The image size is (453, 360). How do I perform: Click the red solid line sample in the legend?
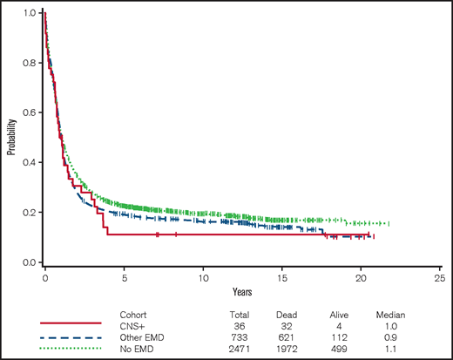[65, 323]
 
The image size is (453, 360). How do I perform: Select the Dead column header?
[291, 311]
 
